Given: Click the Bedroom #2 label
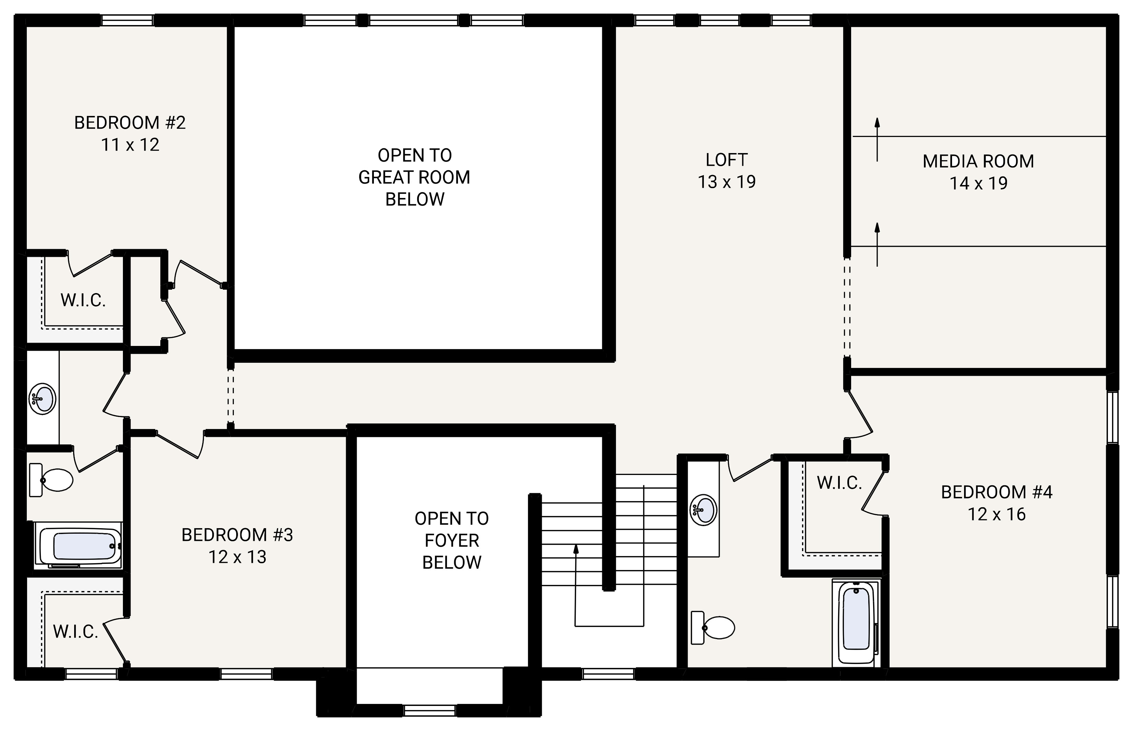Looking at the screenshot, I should click(130, 123).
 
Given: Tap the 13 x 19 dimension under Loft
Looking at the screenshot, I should click(726, 182).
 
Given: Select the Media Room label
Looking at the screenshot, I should click(978, 161).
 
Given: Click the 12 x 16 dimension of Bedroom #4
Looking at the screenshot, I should click(997, 514).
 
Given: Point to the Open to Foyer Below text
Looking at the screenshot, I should click(451, 540).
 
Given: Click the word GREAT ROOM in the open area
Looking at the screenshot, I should click(414, 177).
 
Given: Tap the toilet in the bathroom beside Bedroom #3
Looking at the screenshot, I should click(52, 480).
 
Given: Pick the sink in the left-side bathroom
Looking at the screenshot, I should click(43, 399).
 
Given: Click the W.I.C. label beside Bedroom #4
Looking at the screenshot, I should click(839, 483).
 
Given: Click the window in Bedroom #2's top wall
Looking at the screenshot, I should click(127, 20).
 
